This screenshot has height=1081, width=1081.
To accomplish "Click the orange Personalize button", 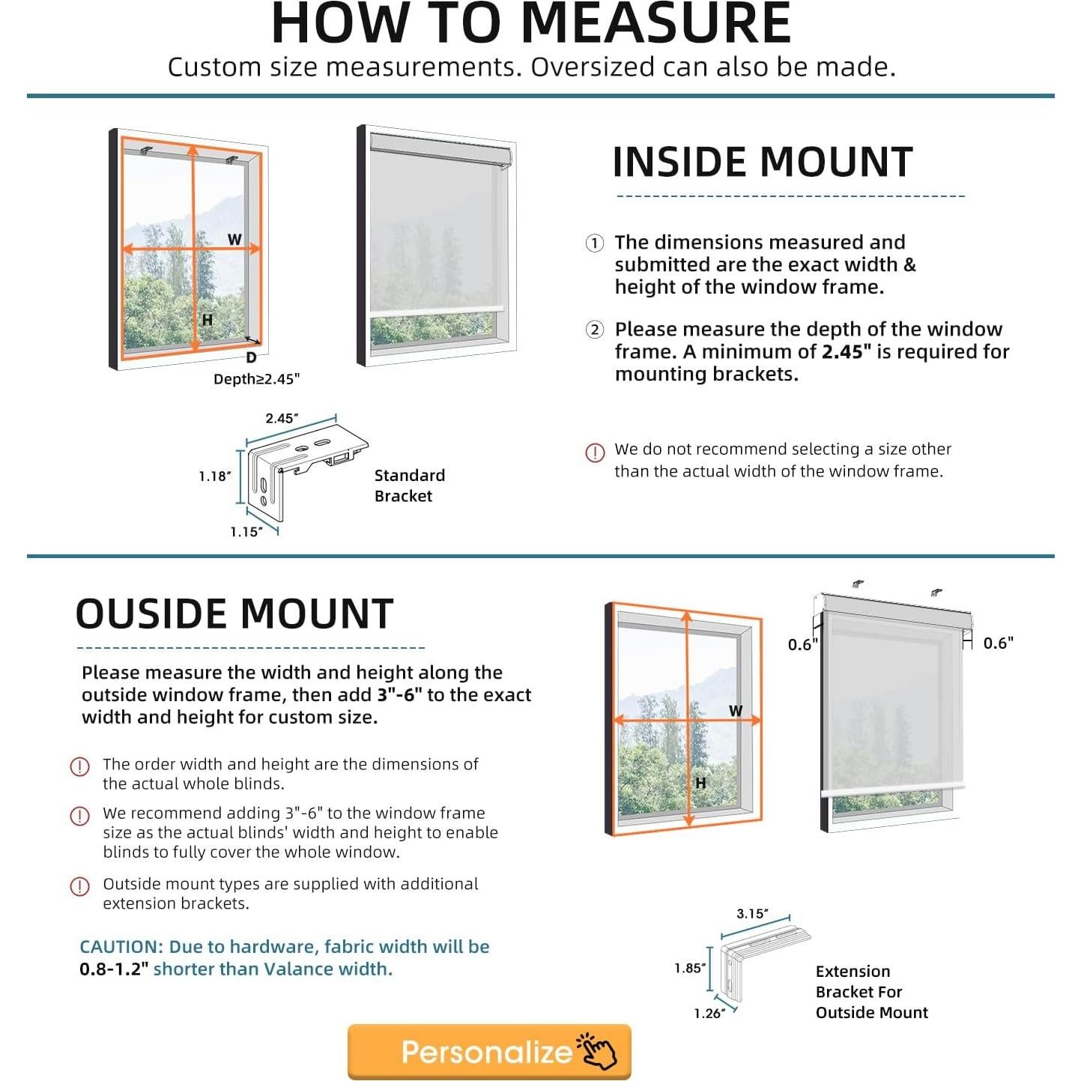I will pos(489,1052).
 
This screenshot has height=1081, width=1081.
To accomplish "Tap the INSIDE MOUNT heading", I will pos(763,163).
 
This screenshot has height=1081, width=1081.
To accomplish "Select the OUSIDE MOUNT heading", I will pos(234,614).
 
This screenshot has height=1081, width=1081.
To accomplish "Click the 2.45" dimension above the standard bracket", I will pos(282,418).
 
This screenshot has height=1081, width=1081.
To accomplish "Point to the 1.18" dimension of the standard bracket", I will pos(214,476).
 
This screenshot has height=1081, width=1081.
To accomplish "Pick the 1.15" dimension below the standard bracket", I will pos(246,532).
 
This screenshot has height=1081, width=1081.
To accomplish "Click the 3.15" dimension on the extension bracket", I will pos(752,914).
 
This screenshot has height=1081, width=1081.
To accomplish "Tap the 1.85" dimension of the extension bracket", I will pos(689,968).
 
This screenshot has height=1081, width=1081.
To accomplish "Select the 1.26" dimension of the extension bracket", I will pos(709,1014).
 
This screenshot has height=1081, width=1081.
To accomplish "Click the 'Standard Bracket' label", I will pos(409,485).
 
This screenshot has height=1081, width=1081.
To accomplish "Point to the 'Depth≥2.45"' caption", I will pos(256,379).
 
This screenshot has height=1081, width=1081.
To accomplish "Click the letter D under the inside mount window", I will pos(251,358).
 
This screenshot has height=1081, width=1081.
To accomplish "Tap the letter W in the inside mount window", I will pos(234,240).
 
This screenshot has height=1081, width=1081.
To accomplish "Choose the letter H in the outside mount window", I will pos(700,783).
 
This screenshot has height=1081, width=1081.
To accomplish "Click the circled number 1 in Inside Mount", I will pos(595,243).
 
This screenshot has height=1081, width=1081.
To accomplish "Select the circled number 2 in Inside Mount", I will pos(595,330).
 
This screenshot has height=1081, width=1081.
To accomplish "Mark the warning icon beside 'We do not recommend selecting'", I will pos(595,452).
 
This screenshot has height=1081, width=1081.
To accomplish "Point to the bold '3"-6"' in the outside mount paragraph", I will pos(399,695).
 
